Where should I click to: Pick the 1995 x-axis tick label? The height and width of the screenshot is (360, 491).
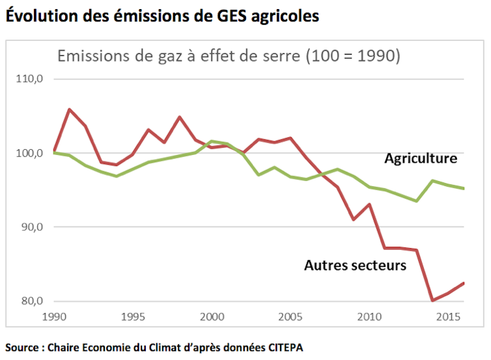(x=133, y=316)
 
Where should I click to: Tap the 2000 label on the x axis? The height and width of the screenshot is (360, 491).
(x=210, y=316)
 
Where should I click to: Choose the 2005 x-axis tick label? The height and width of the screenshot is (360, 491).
(x=289, y=316)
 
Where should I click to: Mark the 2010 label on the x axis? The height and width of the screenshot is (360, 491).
(x=368, y=316)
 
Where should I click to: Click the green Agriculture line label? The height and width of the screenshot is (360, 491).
(x=420, y=158)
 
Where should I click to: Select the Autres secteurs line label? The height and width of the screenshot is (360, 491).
(x=355, y=265)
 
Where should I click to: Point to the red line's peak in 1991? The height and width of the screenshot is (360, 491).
(x=69, y=109)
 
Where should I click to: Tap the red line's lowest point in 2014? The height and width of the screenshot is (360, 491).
(x=432, y=301)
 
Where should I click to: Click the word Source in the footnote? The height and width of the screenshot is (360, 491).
(x=22, y=347)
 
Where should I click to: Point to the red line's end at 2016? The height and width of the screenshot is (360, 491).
(x=464, y=283)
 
